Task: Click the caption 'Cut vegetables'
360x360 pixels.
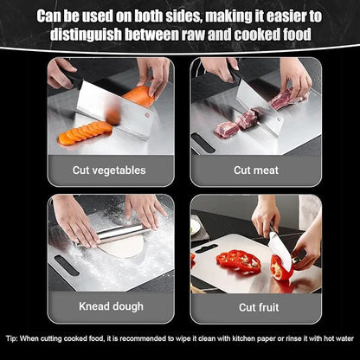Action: (x=110, y=170)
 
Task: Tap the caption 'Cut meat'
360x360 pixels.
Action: (x=254, y=170)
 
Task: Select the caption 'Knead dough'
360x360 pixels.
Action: (x=110, y=305)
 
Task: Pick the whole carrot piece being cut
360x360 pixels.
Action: (x=138, y=95)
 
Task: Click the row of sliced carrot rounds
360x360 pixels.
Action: (x=87, y=132)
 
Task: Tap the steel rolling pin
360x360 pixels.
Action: (x=121, y=232)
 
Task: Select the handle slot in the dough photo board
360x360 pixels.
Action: (x=66, y=265)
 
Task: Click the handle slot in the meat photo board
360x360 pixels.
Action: (x=202, y=142)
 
